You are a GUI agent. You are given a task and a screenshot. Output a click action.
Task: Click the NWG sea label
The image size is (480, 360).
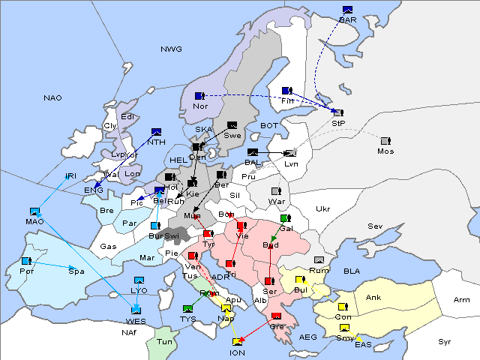pos(171,49)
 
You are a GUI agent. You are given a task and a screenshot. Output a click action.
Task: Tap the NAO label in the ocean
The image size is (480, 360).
pos(52,98)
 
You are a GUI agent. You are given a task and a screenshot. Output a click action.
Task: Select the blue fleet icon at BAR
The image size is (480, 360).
pos(347,10)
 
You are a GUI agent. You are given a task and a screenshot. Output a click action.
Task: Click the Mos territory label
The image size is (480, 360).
pos(385,151)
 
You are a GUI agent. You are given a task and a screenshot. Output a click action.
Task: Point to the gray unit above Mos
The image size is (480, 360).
pos(385,141)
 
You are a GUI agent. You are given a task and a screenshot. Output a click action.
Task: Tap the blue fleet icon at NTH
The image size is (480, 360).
pos(157,132)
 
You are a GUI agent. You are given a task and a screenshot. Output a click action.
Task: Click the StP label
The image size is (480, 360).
pos(337,123)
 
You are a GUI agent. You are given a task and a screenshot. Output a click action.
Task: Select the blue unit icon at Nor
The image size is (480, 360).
pos(199,96)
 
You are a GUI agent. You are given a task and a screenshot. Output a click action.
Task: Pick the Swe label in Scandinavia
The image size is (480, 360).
pos(232,136)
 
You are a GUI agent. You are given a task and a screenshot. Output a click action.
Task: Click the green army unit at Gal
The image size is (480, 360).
pos(285,219)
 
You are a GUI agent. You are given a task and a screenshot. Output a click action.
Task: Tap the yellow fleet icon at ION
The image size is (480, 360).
pos(237,343)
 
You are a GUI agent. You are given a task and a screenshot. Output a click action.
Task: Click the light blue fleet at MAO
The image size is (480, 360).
pos(34,212)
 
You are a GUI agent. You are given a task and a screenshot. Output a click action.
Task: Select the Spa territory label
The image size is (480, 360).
pos(76,271)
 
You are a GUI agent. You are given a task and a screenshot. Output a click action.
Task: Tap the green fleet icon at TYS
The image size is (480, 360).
pos(188,309)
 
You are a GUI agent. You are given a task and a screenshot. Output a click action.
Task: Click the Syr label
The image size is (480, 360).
pos(445,341)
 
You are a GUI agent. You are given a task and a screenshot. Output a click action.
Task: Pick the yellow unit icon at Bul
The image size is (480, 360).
pos(300,280)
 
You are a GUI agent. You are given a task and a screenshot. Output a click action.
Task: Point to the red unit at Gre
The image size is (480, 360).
pos(276,316)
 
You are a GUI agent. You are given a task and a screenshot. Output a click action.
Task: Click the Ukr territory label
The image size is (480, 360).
pos(322,209)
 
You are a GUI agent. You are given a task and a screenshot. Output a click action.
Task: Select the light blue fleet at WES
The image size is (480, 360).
pos(136,309)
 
